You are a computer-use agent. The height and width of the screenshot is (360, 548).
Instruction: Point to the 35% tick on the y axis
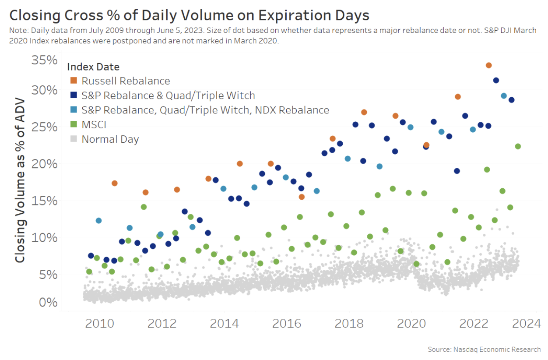[45, 60]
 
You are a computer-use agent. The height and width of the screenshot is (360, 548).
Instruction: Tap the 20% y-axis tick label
[45, 164]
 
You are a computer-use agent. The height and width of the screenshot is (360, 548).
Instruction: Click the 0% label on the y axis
[48, 302]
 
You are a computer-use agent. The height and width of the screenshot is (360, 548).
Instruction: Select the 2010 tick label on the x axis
[98, 324]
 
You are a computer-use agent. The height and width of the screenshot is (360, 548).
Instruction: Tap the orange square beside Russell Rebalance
[74, 81]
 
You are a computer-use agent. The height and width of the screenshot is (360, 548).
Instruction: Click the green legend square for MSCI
[74, 125]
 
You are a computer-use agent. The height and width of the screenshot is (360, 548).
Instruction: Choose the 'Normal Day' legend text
[110, 139]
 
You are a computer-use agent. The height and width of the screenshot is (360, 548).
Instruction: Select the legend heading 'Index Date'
[93, 67]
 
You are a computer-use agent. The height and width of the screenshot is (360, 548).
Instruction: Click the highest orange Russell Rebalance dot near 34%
[489, 65]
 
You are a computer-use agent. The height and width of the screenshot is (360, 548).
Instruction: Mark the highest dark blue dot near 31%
[496, 80]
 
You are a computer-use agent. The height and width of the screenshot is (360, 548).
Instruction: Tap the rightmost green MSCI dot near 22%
[518, 146]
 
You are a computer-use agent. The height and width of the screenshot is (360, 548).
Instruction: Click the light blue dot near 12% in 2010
[98, 221]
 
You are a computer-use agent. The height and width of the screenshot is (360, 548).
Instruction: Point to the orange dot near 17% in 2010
[115, 183]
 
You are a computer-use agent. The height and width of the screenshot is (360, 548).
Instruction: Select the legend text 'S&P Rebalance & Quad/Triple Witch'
[168, 95]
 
